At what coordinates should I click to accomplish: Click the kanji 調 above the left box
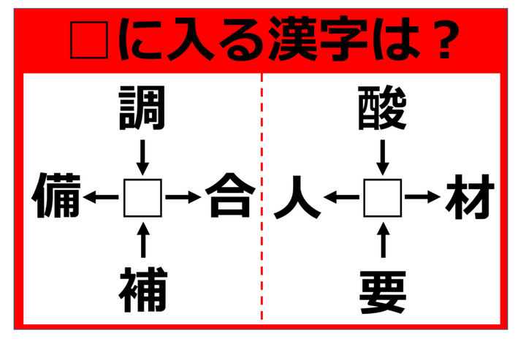click(x=142, y=108)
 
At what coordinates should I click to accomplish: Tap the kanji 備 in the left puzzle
click(x=56, y=196)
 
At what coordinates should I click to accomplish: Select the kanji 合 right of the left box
click(x=230, y=196)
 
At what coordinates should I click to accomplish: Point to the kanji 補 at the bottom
click(x=143, y=290)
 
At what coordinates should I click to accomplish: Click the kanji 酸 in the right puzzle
click(x=382, y=108)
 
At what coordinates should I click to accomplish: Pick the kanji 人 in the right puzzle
click(x=297, y=197)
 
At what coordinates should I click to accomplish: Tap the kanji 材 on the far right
click(x=470, y=196)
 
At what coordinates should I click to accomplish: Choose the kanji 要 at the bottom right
click(x=383, y=293)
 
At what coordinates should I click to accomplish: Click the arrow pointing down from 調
click(x=142, y=157)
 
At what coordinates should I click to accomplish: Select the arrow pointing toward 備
click(x=101, y=197)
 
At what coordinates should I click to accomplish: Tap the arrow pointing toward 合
click(x=183, y=197)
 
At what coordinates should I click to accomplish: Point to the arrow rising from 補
click(x=143, y=240)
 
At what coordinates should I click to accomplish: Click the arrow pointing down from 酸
click(x=383, y=157)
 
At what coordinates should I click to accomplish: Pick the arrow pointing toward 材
click(x=423, y=197)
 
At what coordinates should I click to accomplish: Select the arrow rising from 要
click(x=384, y=240)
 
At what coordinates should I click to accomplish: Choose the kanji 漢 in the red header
click(x=292, y=39)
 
